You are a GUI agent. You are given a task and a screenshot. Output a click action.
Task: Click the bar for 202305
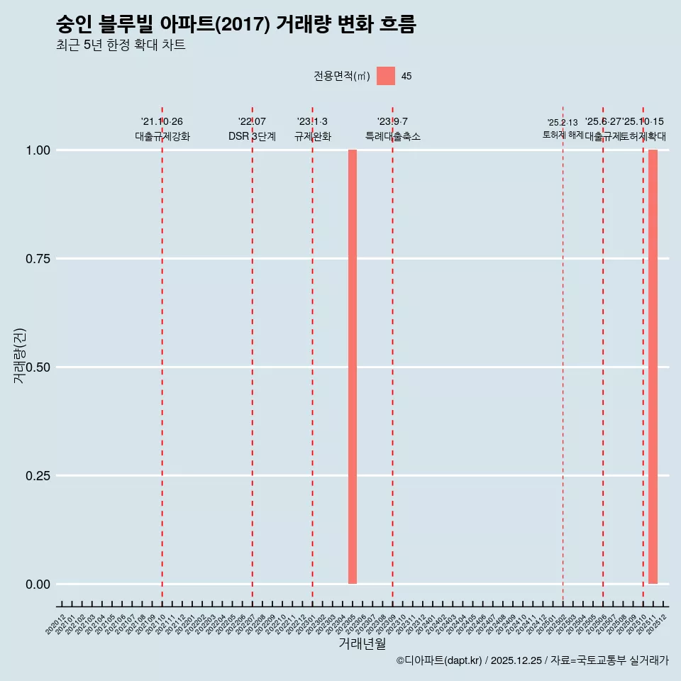[352, 367]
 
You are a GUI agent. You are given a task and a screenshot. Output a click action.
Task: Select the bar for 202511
[653, 367]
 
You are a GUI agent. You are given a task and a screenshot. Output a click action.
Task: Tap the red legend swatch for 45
[386, 76]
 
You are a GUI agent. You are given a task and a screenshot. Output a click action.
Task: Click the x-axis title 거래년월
[362, 644]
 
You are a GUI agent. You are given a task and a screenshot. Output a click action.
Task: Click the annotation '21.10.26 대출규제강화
[162, 129]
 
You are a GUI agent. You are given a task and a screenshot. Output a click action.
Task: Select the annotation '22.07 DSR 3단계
[252, 129]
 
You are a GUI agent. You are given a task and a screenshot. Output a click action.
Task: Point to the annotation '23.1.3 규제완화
[312, 129]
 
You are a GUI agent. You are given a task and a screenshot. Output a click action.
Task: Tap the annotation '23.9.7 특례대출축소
[392, 129]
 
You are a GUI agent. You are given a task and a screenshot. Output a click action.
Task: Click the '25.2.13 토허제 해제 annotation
[563, 128]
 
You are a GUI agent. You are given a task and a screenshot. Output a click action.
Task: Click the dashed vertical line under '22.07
[252, 355]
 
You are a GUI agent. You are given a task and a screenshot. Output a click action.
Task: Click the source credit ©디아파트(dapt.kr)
[439, 661]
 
